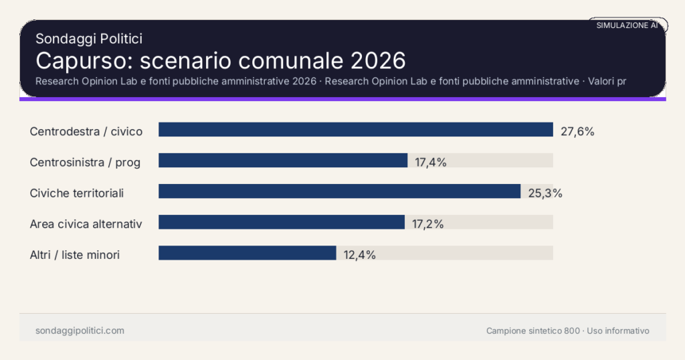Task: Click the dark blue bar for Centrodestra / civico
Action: pos(355,130)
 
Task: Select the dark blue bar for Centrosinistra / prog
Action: pos(282,161)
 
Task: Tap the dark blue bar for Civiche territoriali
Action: pos(339,191)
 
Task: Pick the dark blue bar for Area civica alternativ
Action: pos(281,222)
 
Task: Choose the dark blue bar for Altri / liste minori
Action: pos(247,253)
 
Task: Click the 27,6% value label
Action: pos(577,131)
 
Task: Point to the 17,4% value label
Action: pos(430,162)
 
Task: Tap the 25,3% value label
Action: pos(545,193)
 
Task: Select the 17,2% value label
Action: pos(427,224)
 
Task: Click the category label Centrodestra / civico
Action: pos(86,131)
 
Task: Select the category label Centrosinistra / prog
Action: pos(85,162)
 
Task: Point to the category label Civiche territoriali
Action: pos(77,193)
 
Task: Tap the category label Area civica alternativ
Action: pos(86,224)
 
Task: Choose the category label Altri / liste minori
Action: pos(75,255)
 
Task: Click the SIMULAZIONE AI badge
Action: pos(627,25)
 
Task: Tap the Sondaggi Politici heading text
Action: pos(89,39)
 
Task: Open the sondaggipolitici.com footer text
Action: pos(80,331)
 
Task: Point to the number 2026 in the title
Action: pos(378,60)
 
